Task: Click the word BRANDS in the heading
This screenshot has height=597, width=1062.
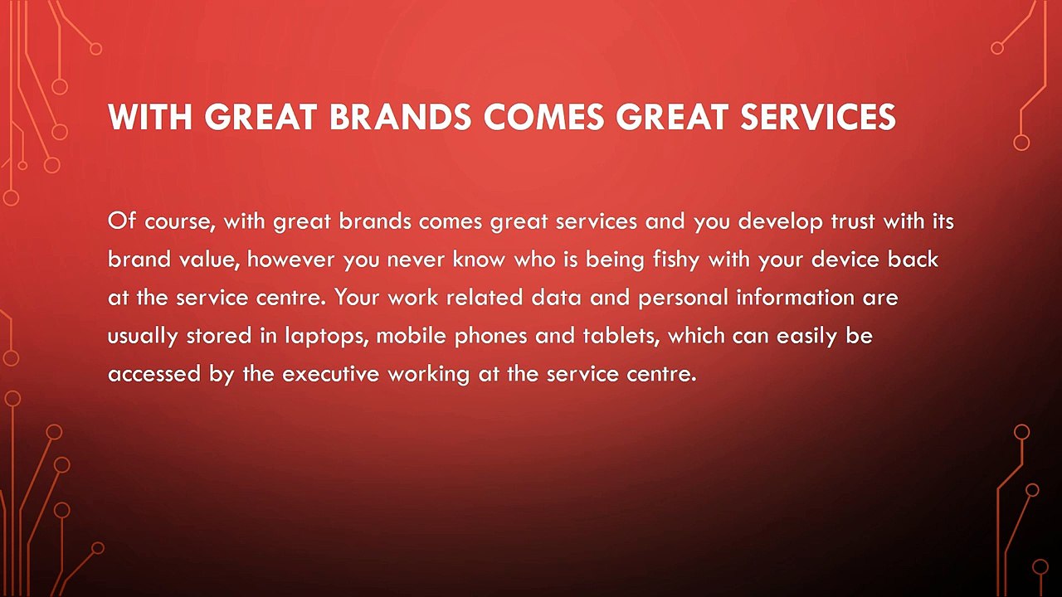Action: click(x=400, y=117)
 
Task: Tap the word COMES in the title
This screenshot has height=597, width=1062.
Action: click(x=543, y=117)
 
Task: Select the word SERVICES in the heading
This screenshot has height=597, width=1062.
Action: click(x=818, y=117)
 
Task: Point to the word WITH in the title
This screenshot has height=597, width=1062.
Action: click(x=150, y=117)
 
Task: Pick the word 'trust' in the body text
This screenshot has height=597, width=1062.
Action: click(x=852, y=221)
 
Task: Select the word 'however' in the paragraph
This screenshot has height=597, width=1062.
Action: click(x=290, y=260)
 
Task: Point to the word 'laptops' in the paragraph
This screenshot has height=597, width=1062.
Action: click(x=327, y=337)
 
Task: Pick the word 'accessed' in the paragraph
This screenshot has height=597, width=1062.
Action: click(x=154, y=374)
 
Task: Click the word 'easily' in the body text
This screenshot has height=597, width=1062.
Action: click(x=806, y=337)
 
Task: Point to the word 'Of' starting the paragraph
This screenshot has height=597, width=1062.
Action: click(x=122, y=221)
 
